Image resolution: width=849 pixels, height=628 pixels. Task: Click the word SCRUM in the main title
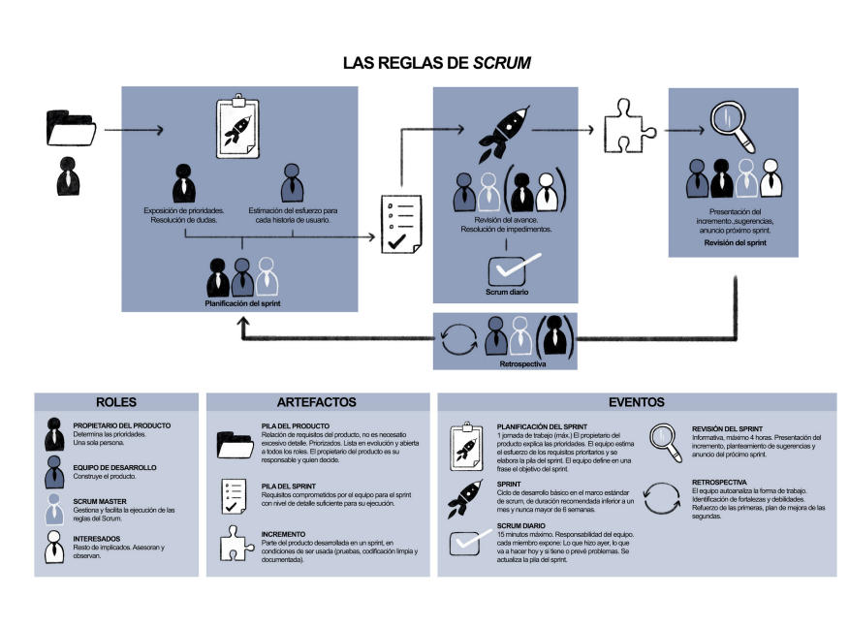[501, 63]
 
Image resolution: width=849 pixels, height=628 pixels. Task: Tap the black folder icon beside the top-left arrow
[70, 128]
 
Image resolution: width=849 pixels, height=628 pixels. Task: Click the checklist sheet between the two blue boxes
[400, 225]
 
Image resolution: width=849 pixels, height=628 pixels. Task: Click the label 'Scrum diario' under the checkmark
[507, 292]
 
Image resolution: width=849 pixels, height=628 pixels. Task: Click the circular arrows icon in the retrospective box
[457, 338]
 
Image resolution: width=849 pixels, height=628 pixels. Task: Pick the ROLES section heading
[116, 402]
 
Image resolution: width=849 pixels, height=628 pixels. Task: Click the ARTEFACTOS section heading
[317, 402]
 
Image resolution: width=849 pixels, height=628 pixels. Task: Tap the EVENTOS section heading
[637, 402]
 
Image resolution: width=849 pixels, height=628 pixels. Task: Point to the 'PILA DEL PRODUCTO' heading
[295, 425]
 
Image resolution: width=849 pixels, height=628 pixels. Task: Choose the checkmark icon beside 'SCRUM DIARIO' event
[465, 542]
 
